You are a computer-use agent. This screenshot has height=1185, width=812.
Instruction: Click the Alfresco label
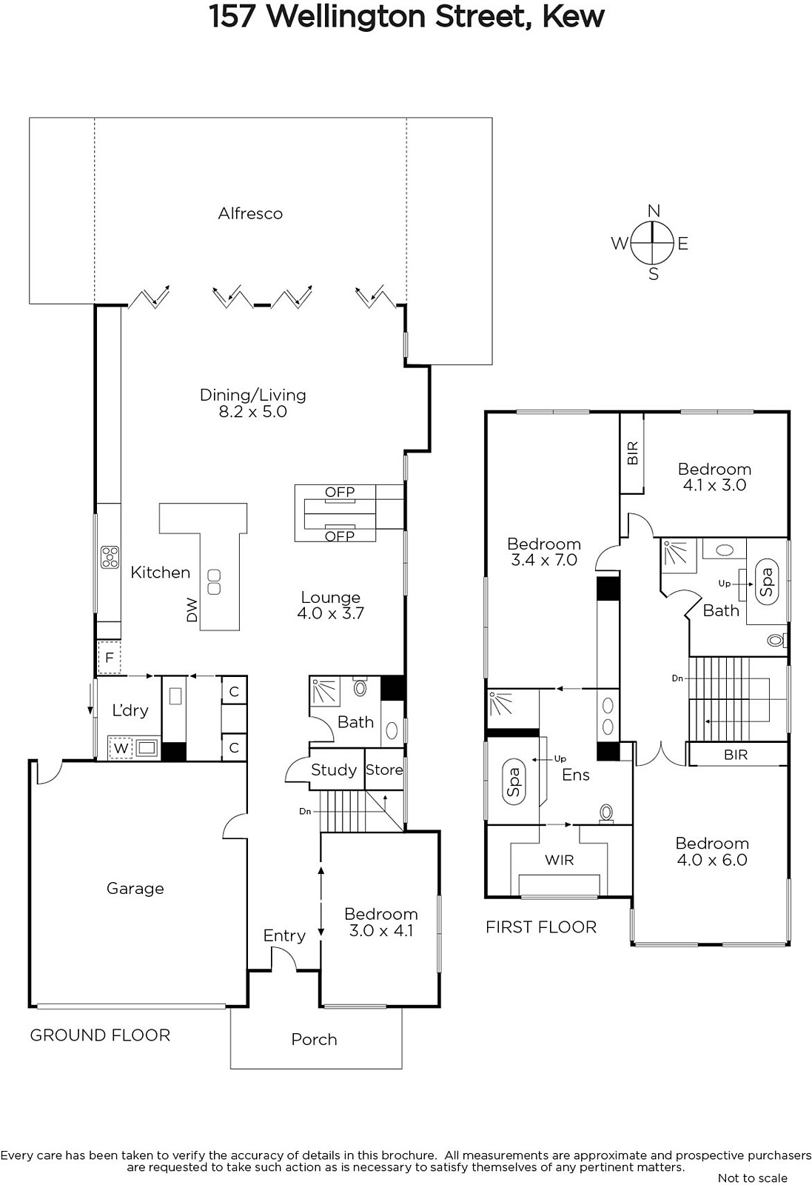(251, 214)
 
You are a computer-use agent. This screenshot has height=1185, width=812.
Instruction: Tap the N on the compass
(654, 211)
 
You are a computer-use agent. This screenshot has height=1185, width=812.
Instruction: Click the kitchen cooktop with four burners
(110, 557)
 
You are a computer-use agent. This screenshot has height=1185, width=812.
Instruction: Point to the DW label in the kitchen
(192, 610)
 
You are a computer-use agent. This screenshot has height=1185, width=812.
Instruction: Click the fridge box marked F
(110, 658)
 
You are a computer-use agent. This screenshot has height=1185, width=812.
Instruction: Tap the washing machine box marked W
(121, 748)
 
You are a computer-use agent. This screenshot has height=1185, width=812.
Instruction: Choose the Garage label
(135, 888)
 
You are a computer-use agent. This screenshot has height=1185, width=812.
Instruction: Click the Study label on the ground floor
(334, 770)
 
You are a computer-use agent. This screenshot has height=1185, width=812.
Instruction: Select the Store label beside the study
(384, 770)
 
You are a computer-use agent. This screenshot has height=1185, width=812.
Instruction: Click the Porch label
(314, 1040)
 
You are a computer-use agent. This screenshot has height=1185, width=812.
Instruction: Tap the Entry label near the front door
(284, 936)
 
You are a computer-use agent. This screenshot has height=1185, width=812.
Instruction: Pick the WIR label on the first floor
(560, 860)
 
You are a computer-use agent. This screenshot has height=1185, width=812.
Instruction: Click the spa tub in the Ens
(513, 782)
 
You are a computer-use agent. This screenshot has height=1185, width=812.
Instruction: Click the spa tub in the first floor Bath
(767, 582)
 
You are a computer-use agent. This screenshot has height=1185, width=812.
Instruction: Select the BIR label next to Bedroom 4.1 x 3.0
(632, 453)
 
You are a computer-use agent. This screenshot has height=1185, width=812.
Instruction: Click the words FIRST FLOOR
(541, 927)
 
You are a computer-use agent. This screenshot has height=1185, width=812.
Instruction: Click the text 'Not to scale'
(753, 1178)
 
